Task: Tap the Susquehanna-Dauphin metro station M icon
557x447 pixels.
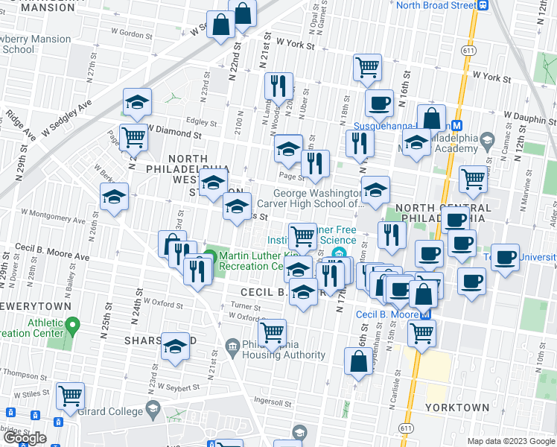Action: coord(458,126)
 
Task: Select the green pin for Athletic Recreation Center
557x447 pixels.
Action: coord(72,326)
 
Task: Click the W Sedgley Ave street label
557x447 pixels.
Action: coord(66,117)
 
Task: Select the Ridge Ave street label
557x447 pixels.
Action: coord(20,126)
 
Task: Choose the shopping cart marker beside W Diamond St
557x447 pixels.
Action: coord(133,137)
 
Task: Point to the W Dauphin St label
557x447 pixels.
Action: coord(529,115)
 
